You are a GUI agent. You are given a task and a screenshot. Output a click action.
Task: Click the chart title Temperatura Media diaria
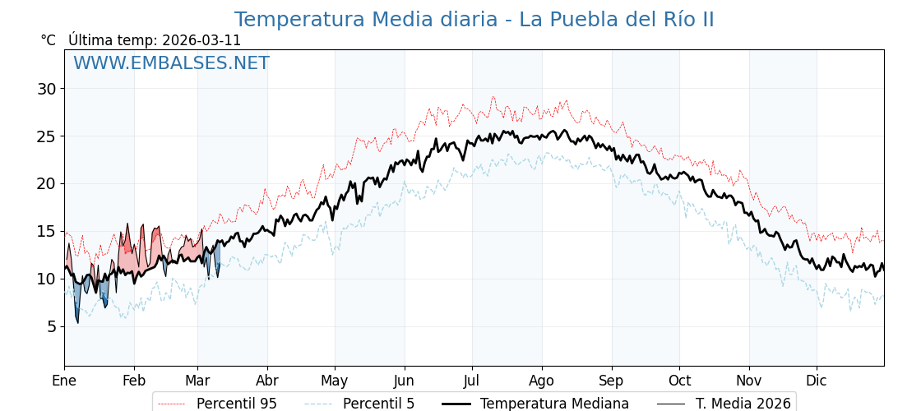474,20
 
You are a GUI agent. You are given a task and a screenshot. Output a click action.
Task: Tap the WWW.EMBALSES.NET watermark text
171,63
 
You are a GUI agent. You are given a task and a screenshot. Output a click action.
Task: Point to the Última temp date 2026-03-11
201,40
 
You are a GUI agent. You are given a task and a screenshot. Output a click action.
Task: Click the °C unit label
49,40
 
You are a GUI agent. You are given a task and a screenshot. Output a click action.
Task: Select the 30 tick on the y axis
48,89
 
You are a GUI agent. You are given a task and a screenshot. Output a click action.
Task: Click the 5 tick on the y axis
52,326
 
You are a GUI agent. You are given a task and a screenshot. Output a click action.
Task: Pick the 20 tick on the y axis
48,183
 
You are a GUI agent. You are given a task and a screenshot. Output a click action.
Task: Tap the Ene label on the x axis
64,381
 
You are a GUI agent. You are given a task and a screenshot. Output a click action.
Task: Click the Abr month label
267,381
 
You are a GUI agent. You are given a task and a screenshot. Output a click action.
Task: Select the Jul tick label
472,381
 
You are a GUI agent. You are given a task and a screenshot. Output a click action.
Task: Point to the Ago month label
542,381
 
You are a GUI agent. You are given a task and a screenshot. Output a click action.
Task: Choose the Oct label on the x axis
679,381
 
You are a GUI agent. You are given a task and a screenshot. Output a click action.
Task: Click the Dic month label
817,381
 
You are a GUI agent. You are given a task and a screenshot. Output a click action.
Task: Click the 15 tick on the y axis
48,231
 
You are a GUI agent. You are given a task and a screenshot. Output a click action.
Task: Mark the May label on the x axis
335,381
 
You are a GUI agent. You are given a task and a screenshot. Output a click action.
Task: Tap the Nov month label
749,381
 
